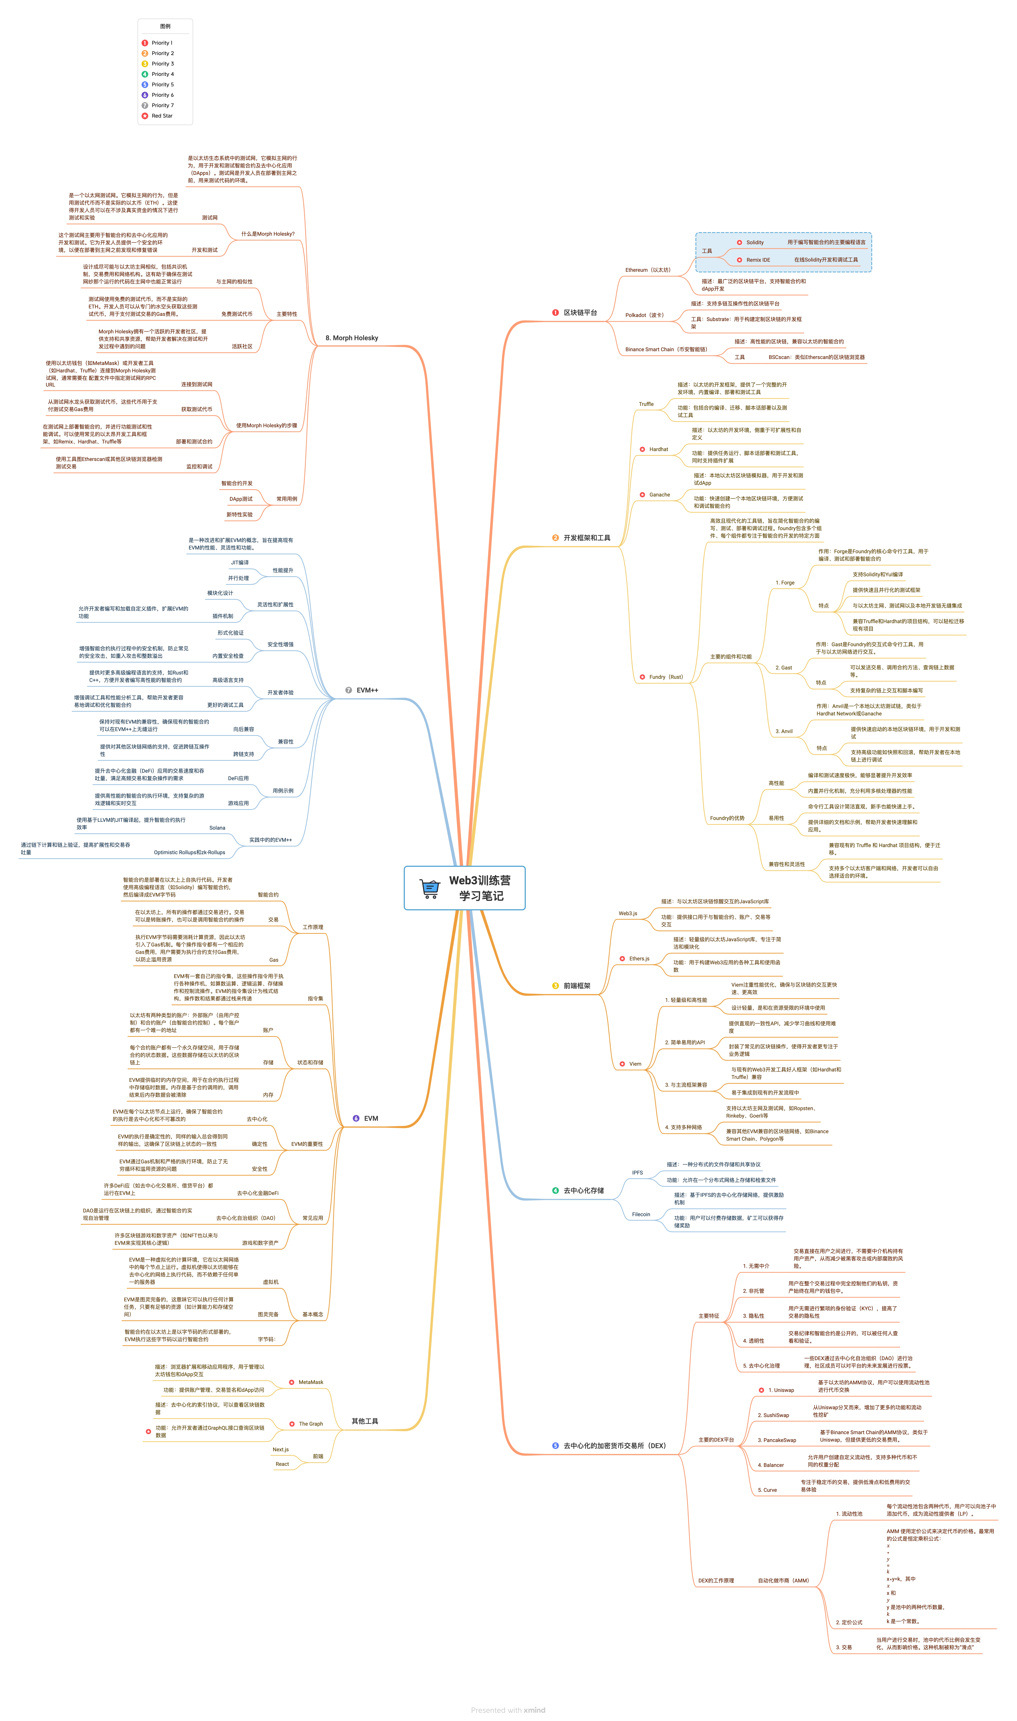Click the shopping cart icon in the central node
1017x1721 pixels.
pos(430,889)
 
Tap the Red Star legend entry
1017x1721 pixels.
pos(162,116)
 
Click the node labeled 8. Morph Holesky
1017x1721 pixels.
pos(352,338)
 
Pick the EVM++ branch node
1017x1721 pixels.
pos(367,690)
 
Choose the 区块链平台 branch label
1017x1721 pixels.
pos(580,313)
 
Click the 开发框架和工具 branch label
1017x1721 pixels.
pos(587,538)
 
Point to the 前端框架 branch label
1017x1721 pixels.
pos(576,986)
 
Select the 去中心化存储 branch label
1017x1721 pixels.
pos(583,1191)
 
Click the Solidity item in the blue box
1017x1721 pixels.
pos(754,243)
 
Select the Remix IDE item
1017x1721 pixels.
pos(758,260)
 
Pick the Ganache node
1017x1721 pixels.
pos(659,495)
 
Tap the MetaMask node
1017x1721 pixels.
pos(311,1382)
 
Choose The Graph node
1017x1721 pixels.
pos(311,1424)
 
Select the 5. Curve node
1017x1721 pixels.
pos(767,1490)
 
